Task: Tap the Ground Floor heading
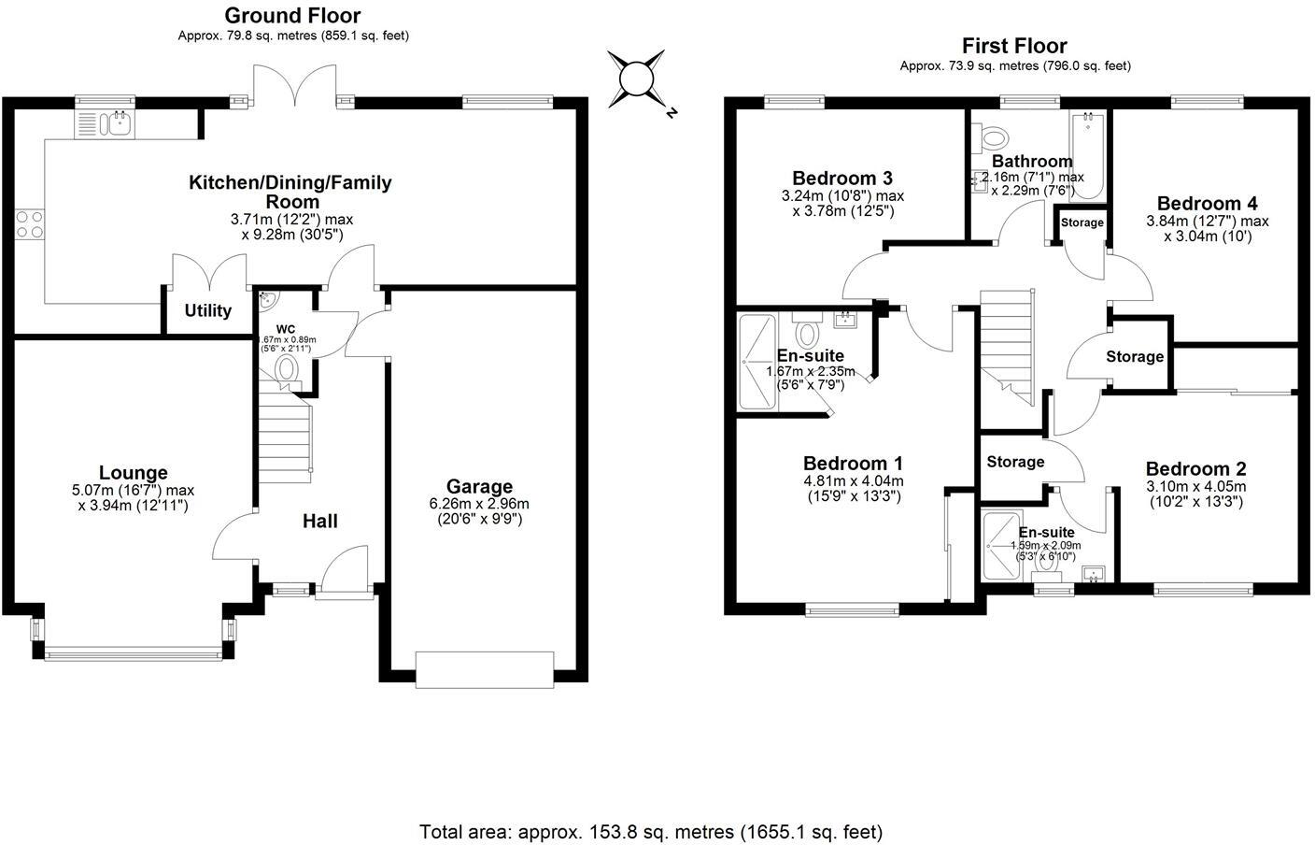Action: [x=292, y=15]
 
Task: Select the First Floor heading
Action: [x=1014, y=46]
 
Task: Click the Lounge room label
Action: [x=134, y=473]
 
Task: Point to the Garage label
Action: [x=479, y=486]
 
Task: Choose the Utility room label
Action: [x=207, y=310]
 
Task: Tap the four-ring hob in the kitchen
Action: [x=29, y=224]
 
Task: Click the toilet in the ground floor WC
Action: [x=287, y=368]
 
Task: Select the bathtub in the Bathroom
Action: [x=1087, y=157]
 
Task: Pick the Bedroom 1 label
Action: [x=853, y=463]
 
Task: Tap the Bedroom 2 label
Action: [x=1195, y=468]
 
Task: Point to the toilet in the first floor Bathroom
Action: [x=989, y=138]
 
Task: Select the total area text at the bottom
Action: [x=651, y=831]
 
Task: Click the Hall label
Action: [x=319, y=521]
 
